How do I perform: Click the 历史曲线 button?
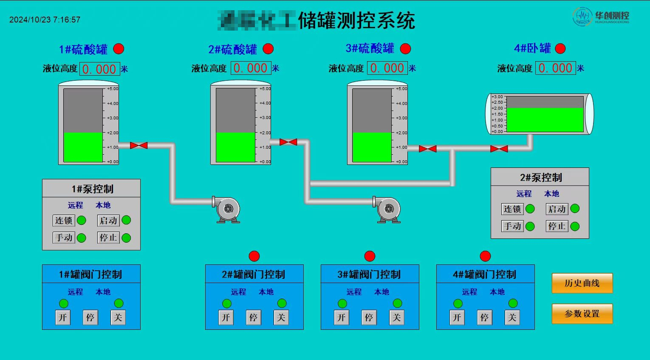(x=582, y=283)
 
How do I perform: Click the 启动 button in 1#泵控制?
(x=108, y=221)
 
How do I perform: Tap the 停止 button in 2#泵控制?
(x=557, y=226)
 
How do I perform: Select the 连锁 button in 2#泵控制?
(x=512, y=209)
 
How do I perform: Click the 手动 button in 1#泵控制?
(x=64, y=238)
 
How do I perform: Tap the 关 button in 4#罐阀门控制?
(x=512, y=317)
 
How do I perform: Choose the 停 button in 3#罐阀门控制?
(x=369, y=317)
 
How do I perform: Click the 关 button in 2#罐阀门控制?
(x=281, y=317)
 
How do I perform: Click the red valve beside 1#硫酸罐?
(x=138, y=145)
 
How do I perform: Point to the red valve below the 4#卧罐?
(x=499, y=149)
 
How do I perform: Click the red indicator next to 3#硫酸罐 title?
(x=406, y=49)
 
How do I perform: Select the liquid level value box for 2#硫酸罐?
(x=251, y=68)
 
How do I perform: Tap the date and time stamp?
(x=45, y=20)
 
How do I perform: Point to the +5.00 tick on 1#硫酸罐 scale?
(x=112, y=89)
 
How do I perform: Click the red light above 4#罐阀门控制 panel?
(x=485, y=256)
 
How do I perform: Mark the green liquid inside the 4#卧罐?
(x=545, y=119)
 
